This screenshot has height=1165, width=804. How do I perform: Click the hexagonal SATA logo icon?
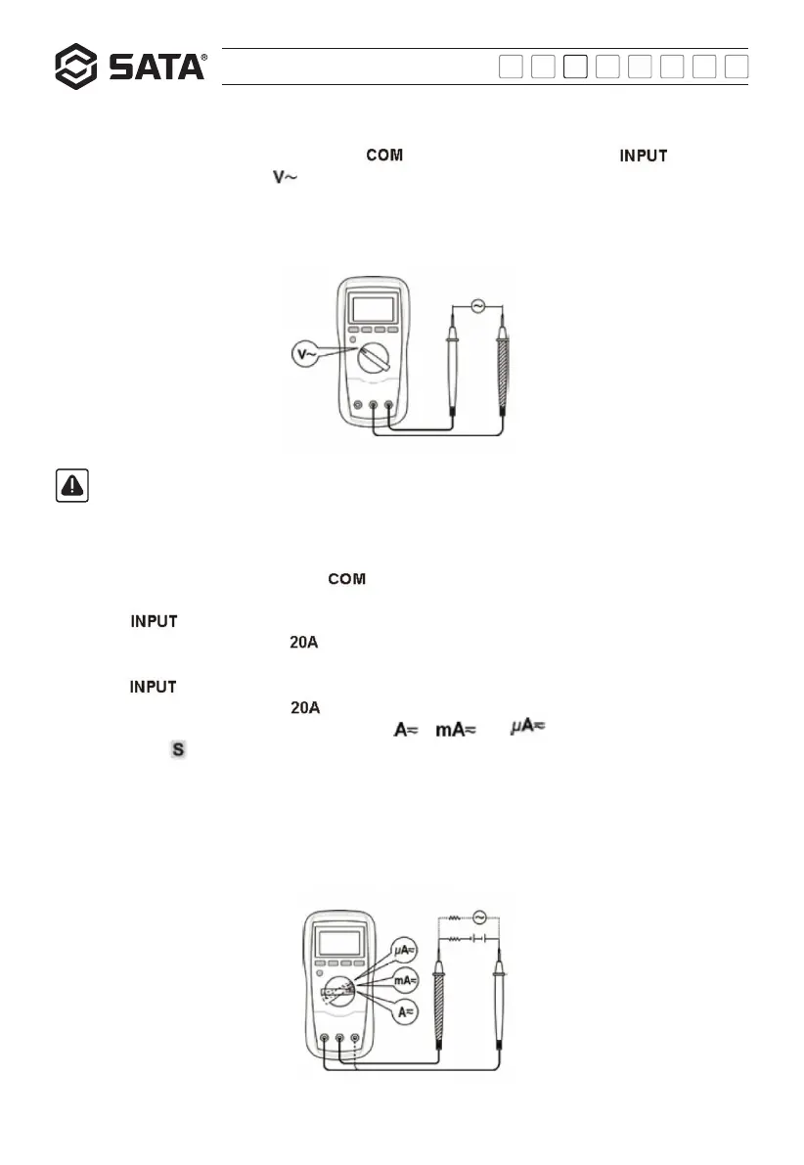tap(76, 67)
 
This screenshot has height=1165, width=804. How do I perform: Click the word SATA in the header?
tap(154, 67)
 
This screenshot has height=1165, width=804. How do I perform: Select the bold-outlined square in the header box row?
tap(577, 67)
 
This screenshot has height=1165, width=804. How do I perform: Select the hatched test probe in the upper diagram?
tap(504, 372)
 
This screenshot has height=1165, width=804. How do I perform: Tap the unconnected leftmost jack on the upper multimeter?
tap(357, 406)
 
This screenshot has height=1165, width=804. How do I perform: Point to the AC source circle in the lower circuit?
tap(479, 917)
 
